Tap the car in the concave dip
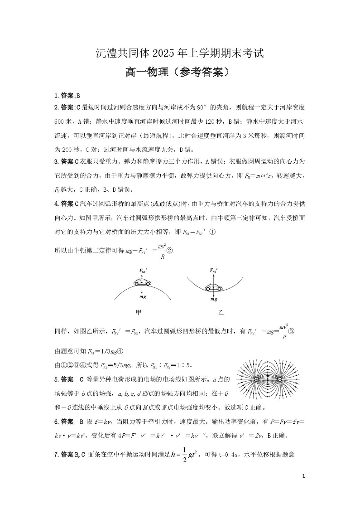click(213, 288)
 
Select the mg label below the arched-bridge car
click(143, 296)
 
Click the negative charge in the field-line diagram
click(279, 379)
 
